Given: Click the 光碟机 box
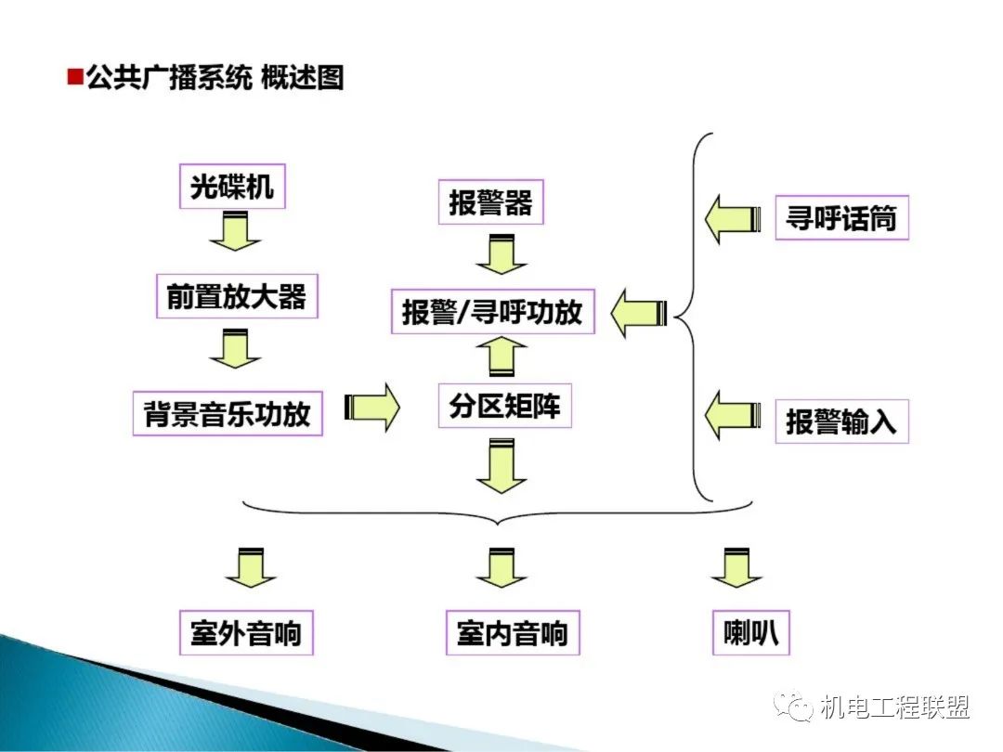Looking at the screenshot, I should [x=232, y=188].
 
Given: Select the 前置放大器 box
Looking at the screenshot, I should [x=236, y=297].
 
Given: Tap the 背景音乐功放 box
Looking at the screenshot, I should [x=227, y=413].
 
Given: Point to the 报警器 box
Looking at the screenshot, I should [x=490, y=203].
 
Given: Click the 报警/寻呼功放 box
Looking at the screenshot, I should [x=492, y=312].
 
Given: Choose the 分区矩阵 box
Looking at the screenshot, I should [x=504, y=406].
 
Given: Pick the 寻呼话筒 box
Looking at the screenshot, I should [x=841, y=219].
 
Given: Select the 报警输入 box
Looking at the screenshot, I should [x=841, y=421].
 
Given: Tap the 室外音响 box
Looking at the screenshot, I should [x=246, y=634].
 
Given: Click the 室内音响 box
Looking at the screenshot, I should [x=513, y=634].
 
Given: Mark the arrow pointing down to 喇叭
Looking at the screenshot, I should [x=737, y=568].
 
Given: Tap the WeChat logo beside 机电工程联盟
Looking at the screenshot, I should [x=796, y=708].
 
